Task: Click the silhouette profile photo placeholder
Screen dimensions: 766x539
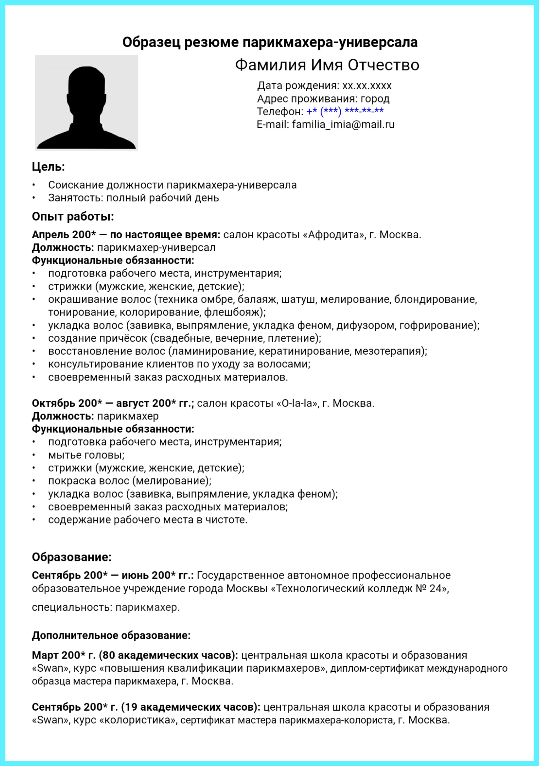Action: click(x=86, y=103)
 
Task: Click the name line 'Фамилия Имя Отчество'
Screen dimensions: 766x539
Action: click(x=327, y=65)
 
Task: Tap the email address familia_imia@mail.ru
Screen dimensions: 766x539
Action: click(x=343, y=124)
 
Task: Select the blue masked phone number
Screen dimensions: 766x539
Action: click(x=345, y=111)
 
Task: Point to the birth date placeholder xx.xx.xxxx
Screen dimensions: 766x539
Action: click(x=367, y=86)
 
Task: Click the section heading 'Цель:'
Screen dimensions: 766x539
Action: click(x=48, y=167)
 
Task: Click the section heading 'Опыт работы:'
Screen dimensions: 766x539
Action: click(x=73, y=217)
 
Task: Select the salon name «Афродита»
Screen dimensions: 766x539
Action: click(x=334, y=235)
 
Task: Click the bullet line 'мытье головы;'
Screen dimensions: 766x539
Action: click(x=86, y=455)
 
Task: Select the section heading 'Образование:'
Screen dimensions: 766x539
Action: click(x=72, y=557)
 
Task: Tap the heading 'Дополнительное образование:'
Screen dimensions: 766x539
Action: click(x=111, y=635)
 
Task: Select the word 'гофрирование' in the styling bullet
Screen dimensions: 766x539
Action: click(x=436, y=325)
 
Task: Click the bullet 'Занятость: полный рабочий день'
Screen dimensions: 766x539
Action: click(x=133, y=198)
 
